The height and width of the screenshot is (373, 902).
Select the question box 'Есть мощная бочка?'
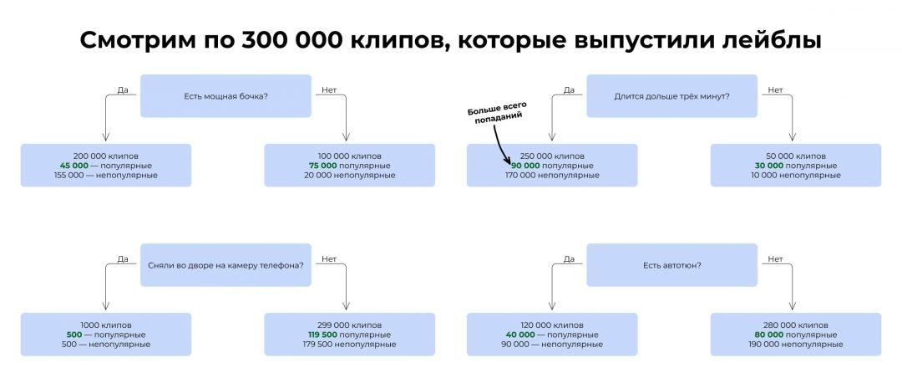pos(225,96)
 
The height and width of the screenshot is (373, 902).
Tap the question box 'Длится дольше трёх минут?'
pos(671,96)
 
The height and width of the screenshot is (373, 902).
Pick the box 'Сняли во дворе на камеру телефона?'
pos(225,265)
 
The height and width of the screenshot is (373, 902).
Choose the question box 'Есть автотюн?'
pos(671,265)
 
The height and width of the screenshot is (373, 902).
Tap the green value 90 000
pos(515,166)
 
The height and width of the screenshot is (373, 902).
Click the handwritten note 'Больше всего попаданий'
pos(494,115)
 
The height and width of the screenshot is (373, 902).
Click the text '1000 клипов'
pos(106,324)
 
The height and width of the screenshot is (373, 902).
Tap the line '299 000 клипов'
pos(349,324)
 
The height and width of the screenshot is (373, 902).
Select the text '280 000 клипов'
pos(795,324)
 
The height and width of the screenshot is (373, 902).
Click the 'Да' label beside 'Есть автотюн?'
pos(569,259)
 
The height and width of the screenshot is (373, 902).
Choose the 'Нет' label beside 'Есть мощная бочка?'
pos(329,90)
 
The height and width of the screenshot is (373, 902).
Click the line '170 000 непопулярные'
pos(551,176)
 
